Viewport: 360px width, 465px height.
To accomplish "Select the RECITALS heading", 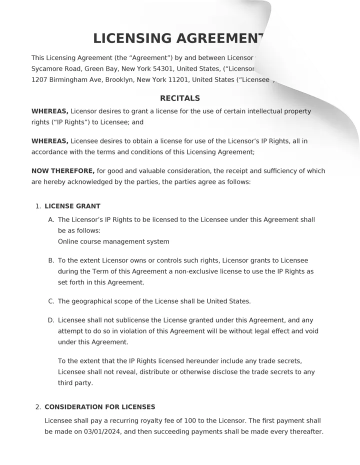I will click(x=180, y=98).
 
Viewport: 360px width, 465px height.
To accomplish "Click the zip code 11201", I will click(x=179, y=80).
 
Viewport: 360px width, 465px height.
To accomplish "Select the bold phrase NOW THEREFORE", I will click(x=63, y=171).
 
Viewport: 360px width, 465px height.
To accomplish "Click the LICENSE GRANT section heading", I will click(x=72, y=206).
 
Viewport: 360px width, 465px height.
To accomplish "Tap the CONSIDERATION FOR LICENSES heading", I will click(x=100, y=407).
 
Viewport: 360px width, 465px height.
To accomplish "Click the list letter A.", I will click(x=51, y=220).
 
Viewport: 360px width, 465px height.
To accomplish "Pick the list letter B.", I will click(x=51, y=261).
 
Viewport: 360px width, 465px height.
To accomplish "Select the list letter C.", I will click(x=51, y=301).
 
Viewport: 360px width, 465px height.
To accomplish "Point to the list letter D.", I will click(x=51, y=320).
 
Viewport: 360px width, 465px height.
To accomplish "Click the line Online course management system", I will click(x=113, y=242).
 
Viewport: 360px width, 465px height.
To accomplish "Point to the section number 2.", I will click(x=38, y=407).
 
